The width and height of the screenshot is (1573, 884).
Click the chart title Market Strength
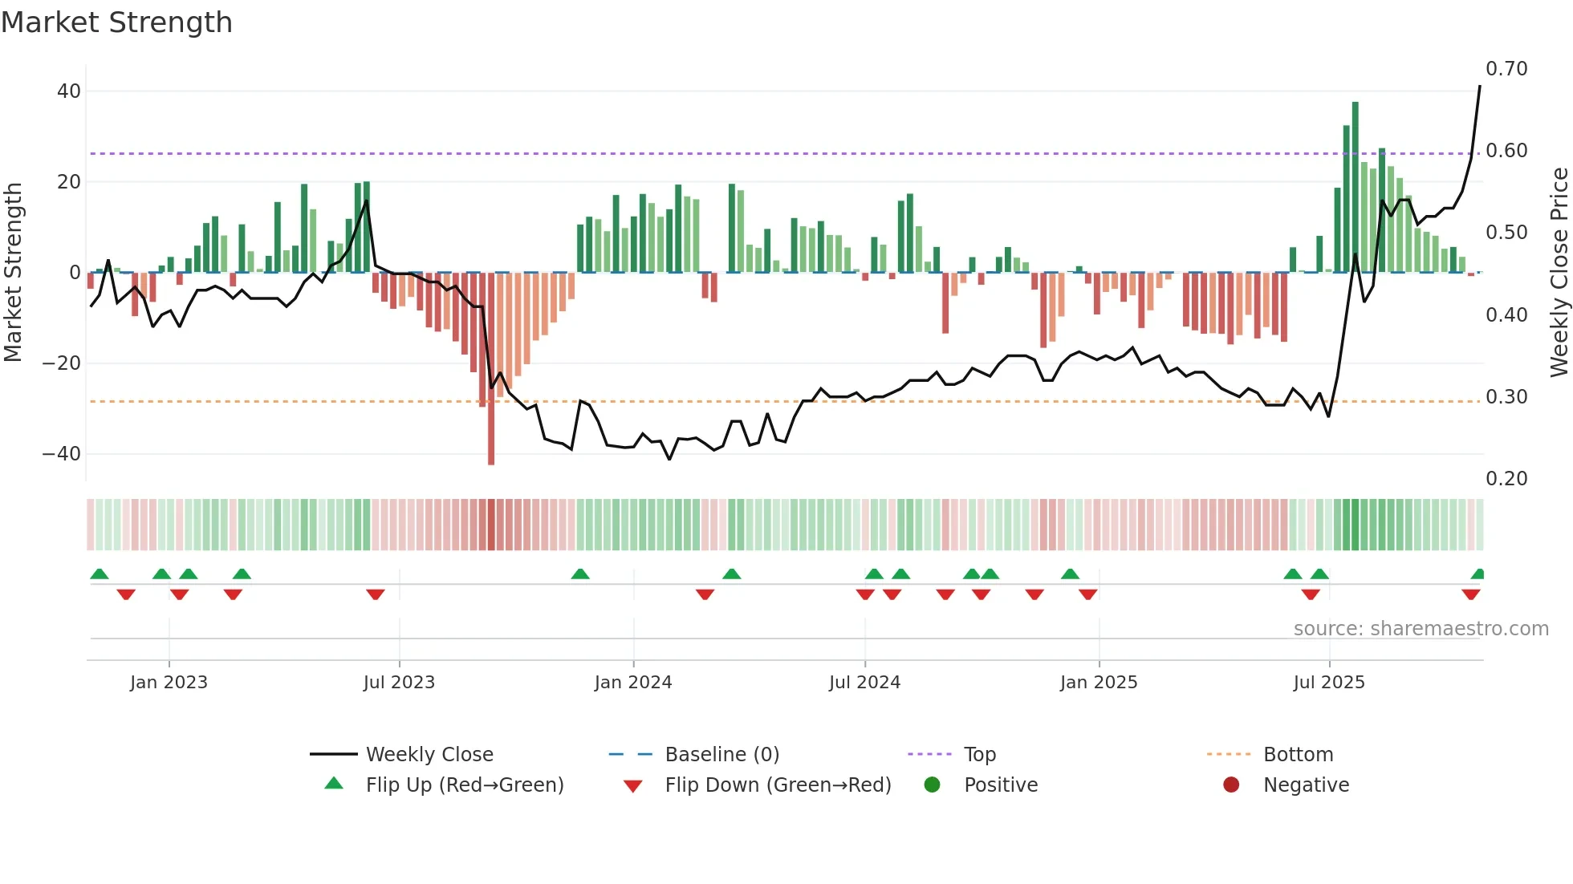(x=116, y=22)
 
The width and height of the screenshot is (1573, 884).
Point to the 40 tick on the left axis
(x=68, y=91)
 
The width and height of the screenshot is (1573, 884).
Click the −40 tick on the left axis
(x=62, y=454)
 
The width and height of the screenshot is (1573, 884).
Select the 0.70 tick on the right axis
(x=1506, y=69)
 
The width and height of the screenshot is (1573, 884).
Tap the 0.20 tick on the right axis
(x=1506, y=479)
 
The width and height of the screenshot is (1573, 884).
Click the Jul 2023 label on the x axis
(x=399, y=683)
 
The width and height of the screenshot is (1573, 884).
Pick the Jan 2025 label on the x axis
(x=1098, y=683)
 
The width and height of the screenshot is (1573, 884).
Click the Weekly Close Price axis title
(x=1559, y=273)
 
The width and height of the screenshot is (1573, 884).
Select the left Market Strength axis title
(x=13, y=273)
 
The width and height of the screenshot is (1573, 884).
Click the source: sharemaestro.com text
(x=1421, y=629)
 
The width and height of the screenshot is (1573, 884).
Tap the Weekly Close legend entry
(x=429, y=755)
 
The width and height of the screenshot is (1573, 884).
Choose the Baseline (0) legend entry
(x=721, y=755)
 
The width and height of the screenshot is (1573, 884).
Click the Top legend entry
(x=979, y=755)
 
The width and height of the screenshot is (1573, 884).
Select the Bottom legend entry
(x=1298, y=755)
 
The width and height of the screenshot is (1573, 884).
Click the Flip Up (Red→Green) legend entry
(x=464, y=785)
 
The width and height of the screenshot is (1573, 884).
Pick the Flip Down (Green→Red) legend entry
(x=778, y=785)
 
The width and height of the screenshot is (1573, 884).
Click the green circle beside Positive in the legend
(x=932, y=785)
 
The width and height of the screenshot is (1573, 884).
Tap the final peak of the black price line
(x=1480, y=87)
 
